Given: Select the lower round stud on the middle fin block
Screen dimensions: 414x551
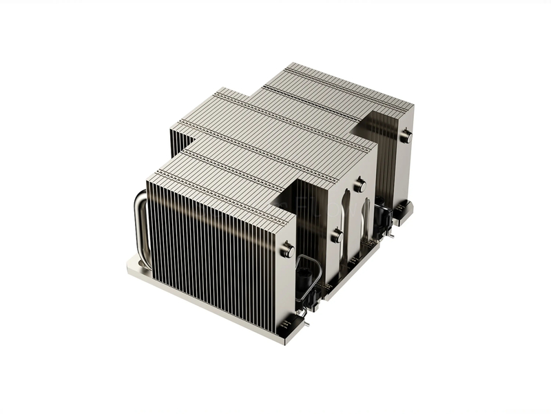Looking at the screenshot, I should click(337, 236).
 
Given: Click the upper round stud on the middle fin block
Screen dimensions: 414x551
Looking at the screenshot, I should click(360, 186).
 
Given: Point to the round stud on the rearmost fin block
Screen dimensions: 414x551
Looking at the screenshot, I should click(406, 136).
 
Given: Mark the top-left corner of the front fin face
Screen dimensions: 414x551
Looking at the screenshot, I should click(147, 180).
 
